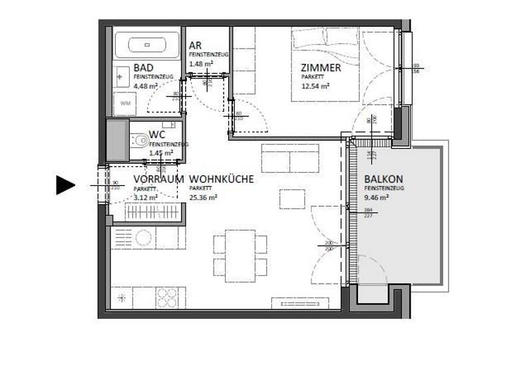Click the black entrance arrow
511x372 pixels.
click(65, 185)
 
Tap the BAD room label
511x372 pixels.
click(144, 68)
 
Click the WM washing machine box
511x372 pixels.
click(126, 103)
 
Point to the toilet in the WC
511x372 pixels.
click(140, 141)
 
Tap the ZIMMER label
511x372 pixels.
click(321, 68)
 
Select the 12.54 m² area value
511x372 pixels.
click(315, 86)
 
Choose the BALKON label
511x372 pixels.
click(383, 179)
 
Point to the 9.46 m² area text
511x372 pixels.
click(377, 197)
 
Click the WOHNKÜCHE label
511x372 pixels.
click(222, 179)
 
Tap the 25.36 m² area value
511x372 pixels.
click(204, 197)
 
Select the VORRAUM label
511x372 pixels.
click(158, 179)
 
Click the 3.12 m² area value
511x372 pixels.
click(145, 197)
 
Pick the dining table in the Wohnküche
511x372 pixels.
click(240, 253)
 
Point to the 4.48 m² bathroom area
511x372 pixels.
click(145, 86)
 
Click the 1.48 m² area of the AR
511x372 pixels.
click(201, 64)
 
